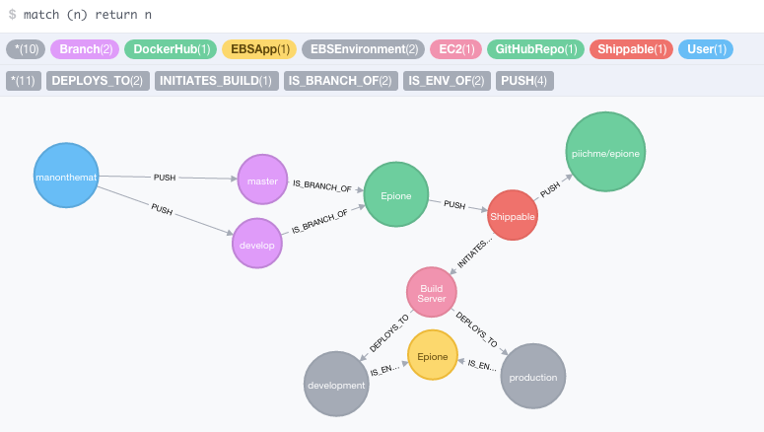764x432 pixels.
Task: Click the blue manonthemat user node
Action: pos(66,176)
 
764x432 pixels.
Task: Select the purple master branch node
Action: pos(262,180)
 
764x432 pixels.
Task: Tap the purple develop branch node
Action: pos(257,244)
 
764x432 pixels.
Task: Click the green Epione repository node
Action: pos(396,194)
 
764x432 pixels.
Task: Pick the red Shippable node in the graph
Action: pos(513,215)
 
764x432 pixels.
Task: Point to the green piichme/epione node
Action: pos(605,152)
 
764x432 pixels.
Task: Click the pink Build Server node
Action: pos(432,292)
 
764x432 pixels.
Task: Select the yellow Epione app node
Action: pos(433,355)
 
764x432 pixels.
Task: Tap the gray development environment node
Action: pos(336,384)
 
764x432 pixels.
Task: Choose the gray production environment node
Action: pos(533,376)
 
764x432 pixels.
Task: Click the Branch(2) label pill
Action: pos(85,49)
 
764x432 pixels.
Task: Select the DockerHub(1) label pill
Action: pos(171,49)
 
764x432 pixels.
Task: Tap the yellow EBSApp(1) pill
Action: pos(259,49)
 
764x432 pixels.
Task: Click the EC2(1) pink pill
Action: pos(455,49)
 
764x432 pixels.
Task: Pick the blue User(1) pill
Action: pos(706,49)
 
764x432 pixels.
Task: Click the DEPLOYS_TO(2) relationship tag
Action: pos(98,81)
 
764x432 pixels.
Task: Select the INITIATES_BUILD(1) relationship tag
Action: pos(217,81)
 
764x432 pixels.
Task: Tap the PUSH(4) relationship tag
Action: pos(524,81)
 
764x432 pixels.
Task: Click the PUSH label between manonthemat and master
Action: pos(165,178)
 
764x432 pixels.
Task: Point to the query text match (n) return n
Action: pos(88,15)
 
